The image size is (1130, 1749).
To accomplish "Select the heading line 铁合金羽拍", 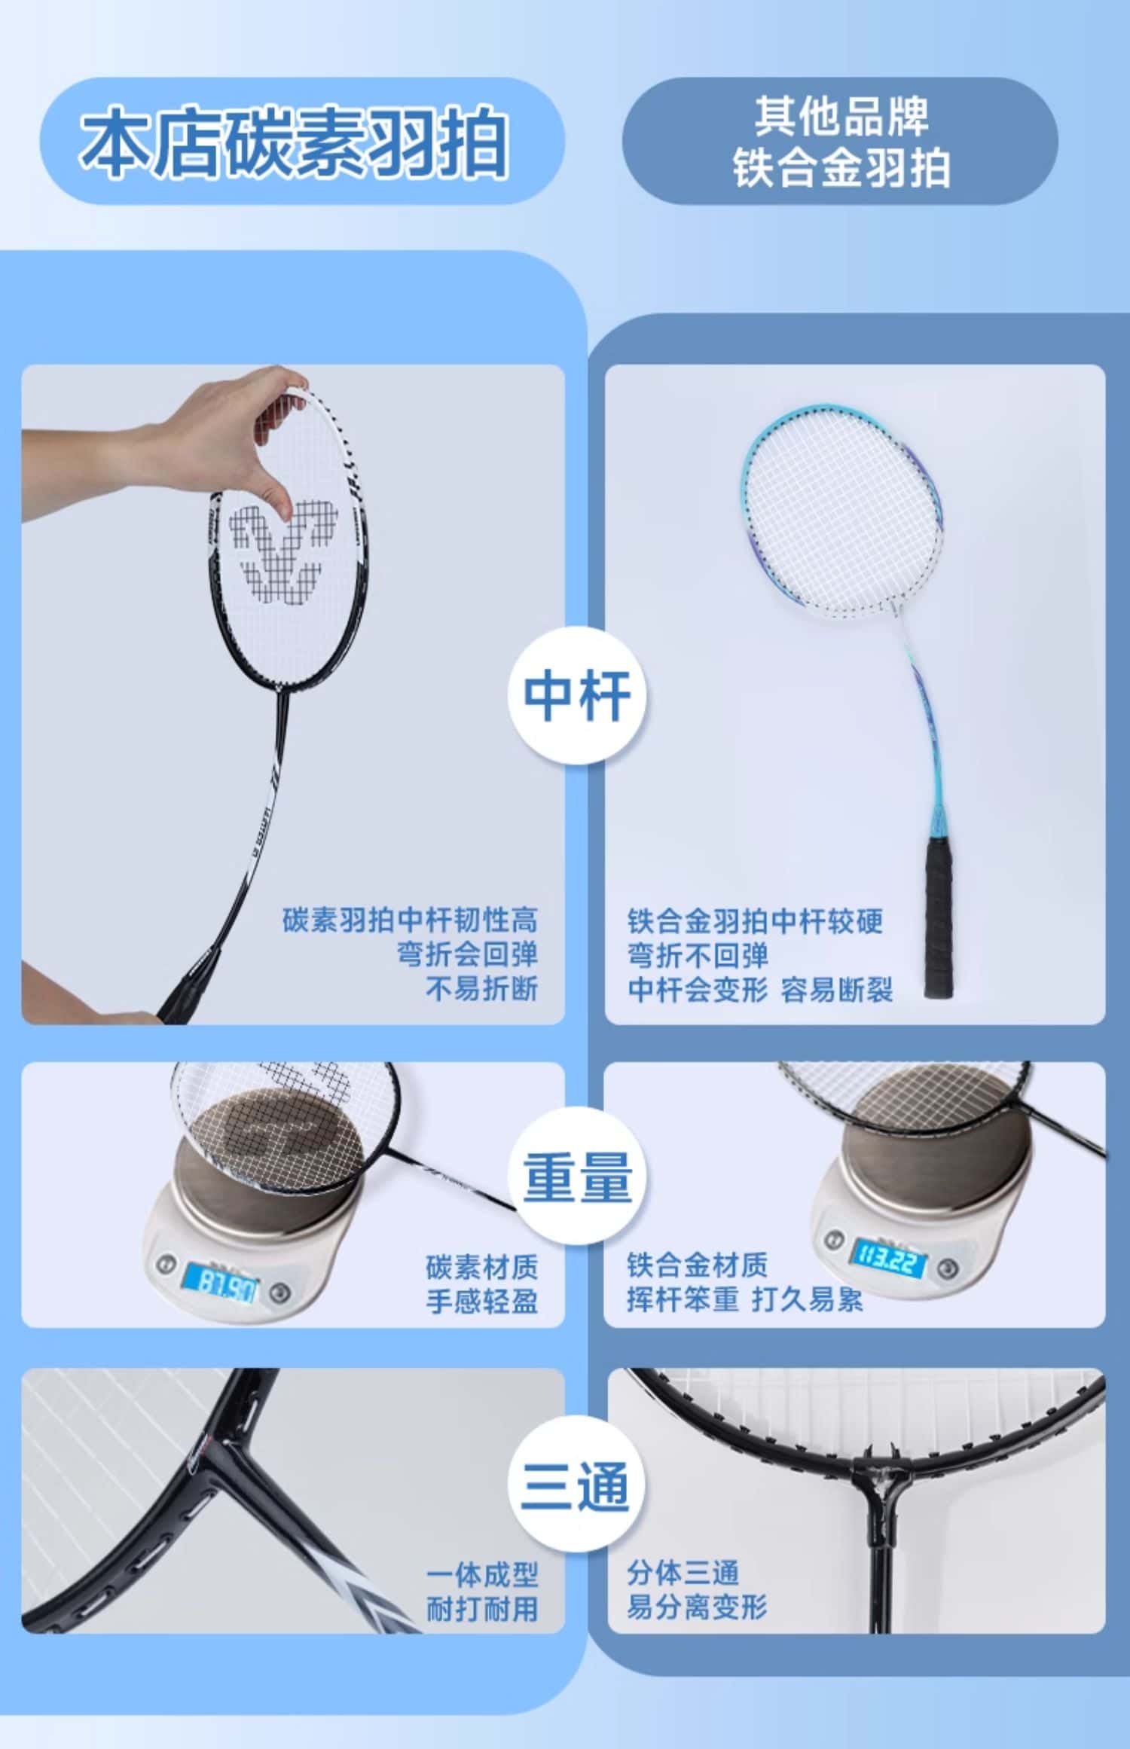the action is pos(841,167).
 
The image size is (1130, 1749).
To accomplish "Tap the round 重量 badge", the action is pos(578,1177).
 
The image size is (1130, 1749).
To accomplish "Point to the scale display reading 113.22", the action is pos(889,1255).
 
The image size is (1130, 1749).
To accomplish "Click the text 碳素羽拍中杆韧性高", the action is pos(411,920).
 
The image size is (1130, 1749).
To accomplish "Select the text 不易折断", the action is pos(482,989).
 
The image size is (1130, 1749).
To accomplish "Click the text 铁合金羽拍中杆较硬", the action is pos(755,921).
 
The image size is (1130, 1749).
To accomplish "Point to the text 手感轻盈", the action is pos(482,1301).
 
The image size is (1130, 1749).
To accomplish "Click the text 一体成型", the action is pos(482,1573).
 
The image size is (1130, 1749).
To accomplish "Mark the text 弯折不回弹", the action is pos(698,955).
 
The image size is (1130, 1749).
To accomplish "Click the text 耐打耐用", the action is pos(482,1608).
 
